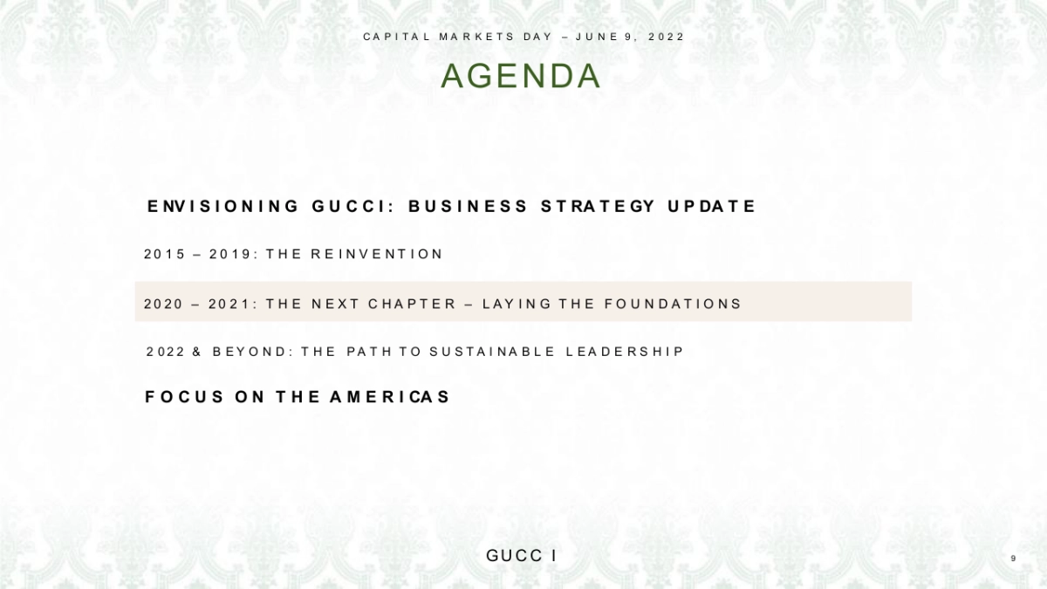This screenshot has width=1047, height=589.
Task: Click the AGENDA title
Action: coord(521,77)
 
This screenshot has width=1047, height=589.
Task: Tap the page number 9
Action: coord(1013,558)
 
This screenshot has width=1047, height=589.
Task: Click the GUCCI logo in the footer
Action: coord(522,556)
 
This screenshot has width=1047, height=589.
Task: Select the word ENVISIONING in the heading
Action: coord(223,207)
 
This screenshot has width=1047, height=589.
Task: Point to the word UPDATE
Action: coord(712,207)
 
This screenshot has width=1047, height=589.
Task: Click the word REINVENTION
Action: coord(377,254)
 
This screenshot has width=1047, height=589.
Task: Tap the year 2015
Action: coord(165,254)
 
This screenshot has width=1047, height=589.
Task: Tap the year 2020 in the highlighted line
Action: coord(164,304)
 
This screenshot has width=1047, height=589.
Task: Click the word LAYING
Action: coord(517,304)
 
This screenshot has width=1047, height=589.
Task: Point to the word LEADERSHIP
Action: coord(625,352)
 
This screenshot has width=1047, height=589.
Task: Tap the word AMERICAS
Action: coord(390,397)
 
